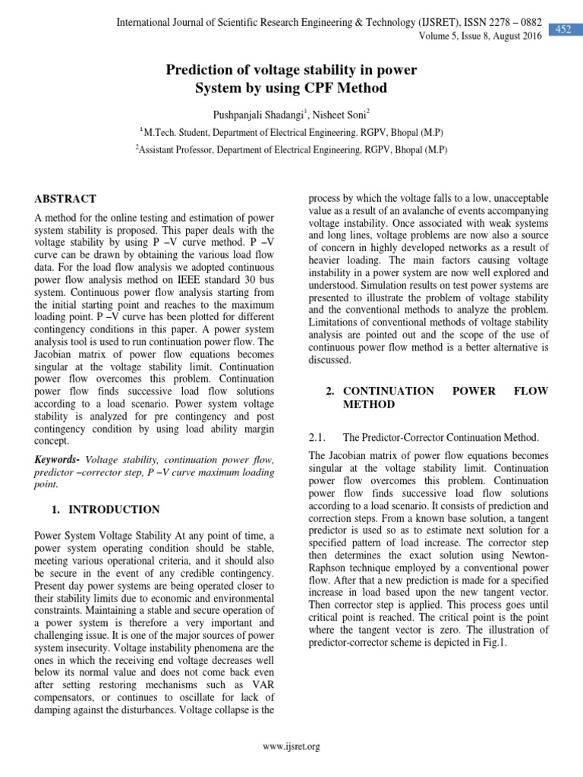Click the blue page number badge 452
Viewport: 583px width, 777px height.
pyautogui.click(x=563, y=30)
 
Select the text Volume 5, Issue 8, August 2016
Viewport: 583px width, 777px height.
pyautogui.click(x=481, y=36)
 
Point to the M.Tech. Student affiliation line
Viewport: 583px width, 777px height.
pyautogui.click(x=291, y=131)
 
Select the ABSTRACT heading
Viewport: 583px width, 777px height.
pyautogui.click(x=65, y=199)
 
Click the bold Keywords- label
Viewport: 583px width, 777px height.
pyautogui.click(x=58, y=460)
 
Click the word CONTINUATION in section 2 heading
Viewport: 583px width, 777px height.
pyautogui.click(x=389, y=391)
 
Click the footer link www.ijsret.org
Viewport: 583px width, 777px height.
pyautogui.click(x=291, y=747)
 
